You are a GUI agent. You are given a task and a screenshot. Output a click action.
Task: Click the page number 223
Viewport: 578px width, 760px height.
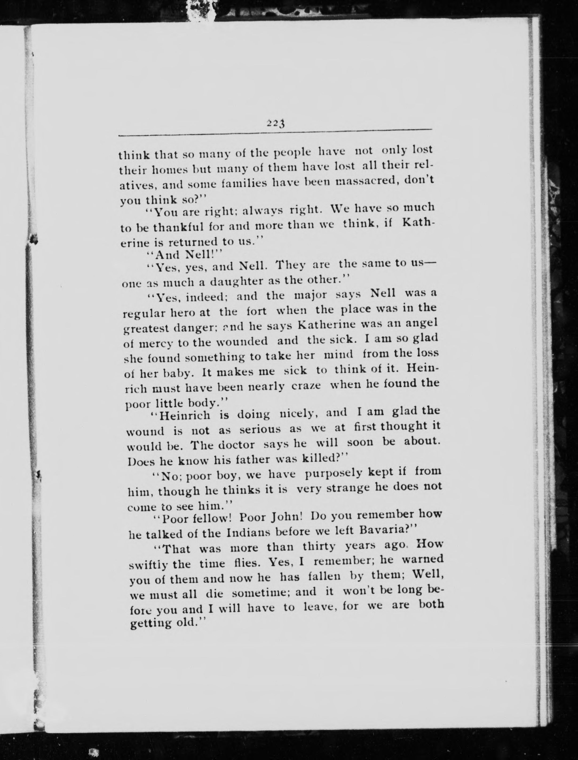(x=275, y=123)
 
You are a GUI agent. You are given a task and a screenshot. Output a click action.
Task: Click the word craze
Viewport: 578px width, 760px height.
(x=306, y=386)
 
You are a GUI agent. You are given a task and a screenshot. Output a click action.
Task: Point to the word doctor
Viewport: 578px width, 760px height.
(x=237, y=445)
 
